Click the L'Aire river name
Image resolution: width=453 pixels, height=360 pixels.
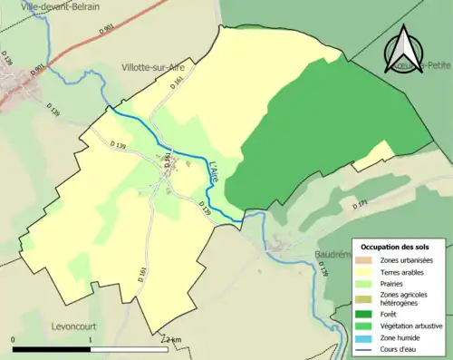point(215,174)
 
